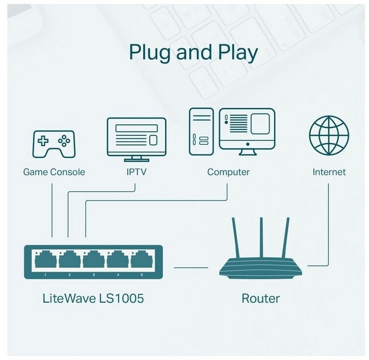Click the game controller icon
(x=53, y=143)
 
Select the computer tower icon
(x=201, y=132)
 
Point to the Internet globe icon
(x=329, y=135)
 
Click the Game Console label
(x=54, y=172)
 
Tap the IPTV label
(x=136, y=172)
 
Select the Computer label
(x=228, y=172)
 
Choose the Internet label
(x=329, y=172)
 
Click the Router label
(x=260, y=298)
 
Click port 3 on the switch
(x=93, y=260)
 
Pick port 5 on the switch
(x=141, y=260)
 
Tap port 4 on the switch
(x=117, y=260)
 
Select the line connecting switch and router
(x=191, y=267)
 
